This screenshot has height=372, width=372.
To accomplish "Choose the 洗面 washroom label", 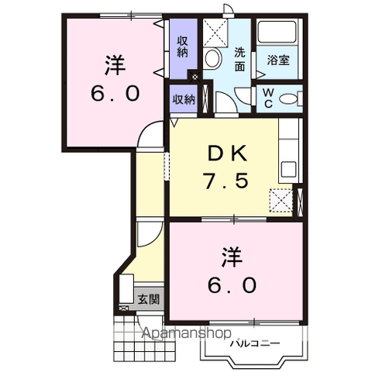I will tap(240, 60).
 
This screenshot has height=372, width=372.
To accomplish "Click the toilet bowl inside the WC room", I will tap(289, 98).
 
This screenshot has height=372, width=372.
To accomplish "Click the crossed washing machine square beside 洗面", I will tap(215, 33).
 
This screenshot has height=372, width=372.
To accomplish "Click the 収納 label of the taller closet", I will tap(182, 46).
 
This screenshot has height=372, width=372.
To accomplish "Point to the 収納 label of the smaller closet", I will tap(183, 99).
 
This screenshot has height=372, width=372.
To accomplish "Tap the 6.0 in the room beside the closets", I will tap(112, 94).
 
